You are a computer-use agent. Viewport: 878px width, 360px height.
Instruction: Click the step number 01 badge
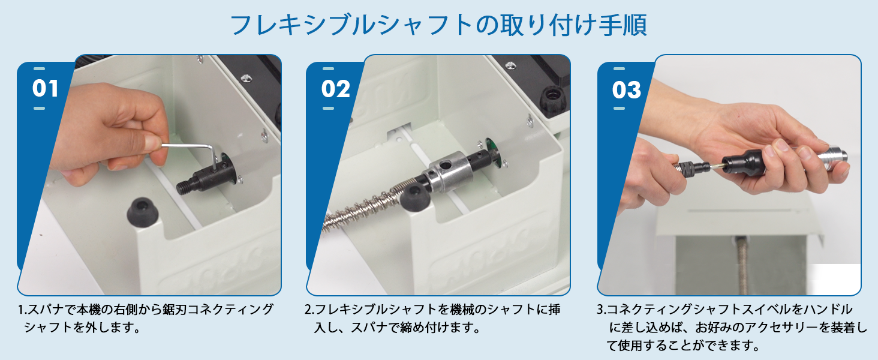pyautogui.click(x=46, y=89)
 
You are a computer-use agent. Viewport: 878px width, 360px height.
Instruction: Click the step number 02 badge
pyautogui.click(x=335, y=89)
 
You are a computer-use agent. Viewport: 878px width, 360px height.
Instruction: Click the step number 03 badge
pyautogui.click(x=627, y=90)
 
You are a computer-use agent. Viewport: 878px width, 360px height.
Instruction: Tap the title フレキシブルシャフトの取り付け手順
pyautogui.click(x=438, y=25)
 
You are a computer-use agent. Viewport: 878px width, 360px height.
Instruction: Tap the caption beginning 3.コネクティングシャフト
pyautogui.click(x=732, y=328)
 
